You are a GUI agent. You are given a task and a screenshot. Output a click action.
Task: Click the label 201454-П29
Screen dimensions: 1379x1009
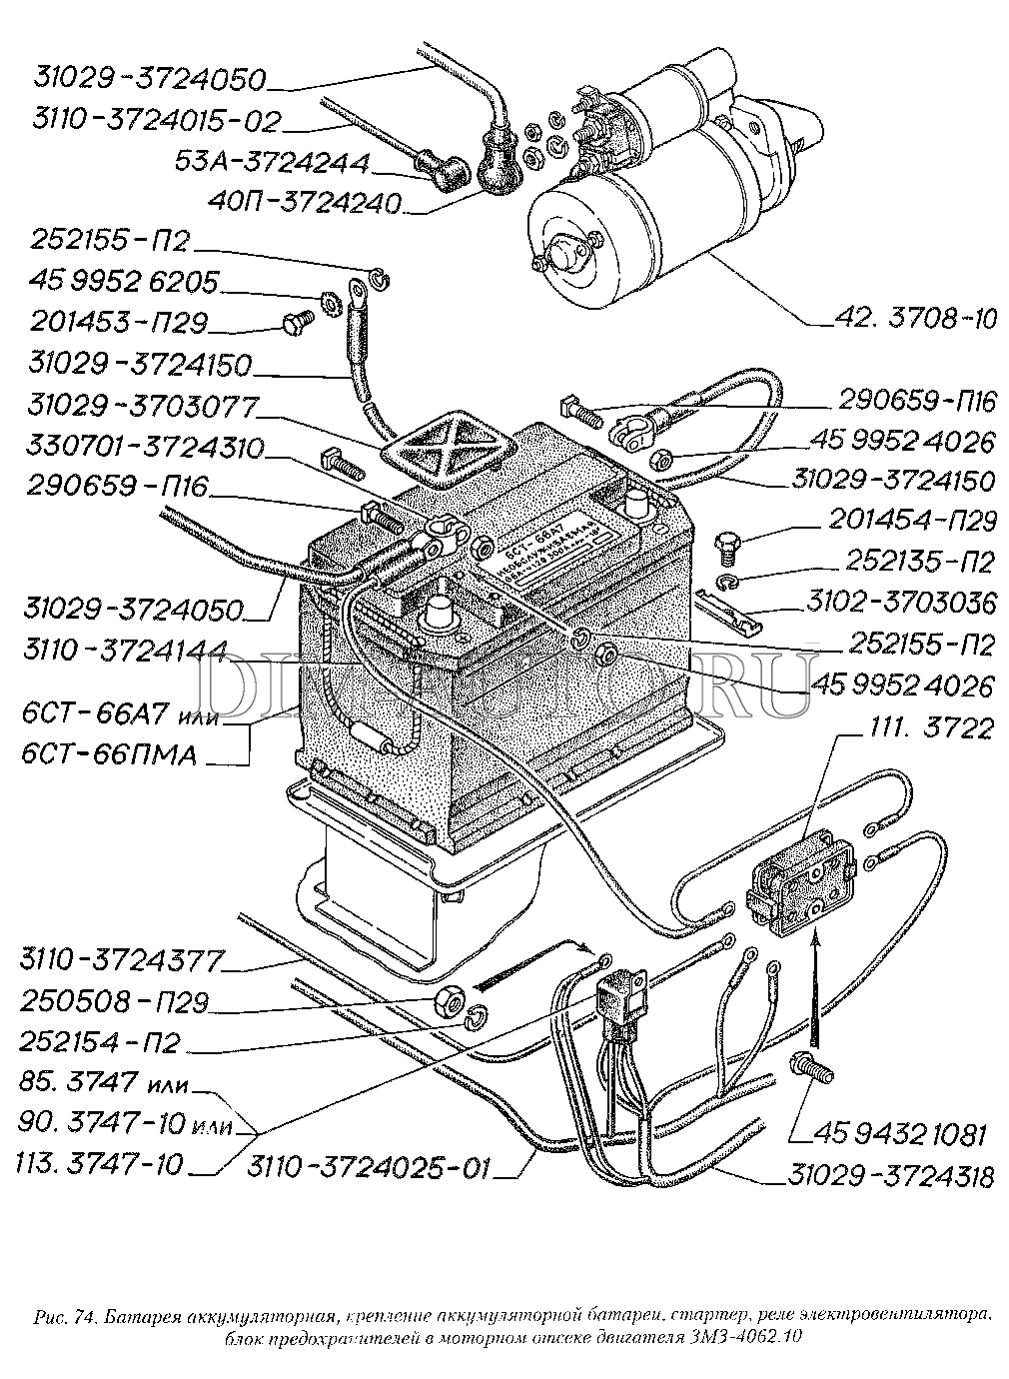[x=912, y=521]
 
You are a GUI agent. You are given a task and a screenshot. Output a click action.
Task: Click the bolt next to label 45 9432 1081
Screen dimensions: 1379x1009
[x=809, y=1067]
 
